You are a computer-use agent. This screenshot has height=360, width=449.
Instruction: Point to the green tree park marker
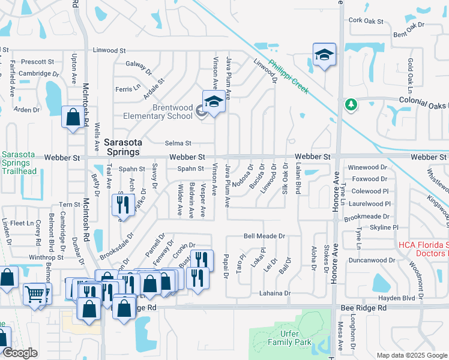tap(351, 104)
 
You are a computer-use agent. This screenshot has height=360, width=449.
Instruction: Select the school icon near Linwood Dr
tap(324, 55)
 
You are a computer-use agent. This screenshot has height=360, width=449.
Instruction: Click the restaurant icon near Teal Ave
tap(122, 205)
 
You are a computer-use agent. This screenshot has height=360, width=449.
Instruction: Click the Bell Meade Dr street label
tap(264, 236)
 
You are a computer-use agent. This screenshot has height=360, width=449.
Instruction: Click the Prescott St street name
tap(37, 61)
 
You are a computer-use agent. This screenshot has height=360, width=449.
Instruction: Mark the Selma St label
tap(178, 143)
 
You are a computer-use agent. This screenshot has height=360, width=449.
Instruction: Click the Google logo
tap(20, 353)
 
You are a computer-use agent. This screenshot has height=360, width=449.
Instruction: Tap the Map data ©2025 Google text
tap(411, 355)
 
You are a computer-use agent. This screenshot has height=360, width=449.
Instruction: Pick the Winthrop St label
tap(46, 257)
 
